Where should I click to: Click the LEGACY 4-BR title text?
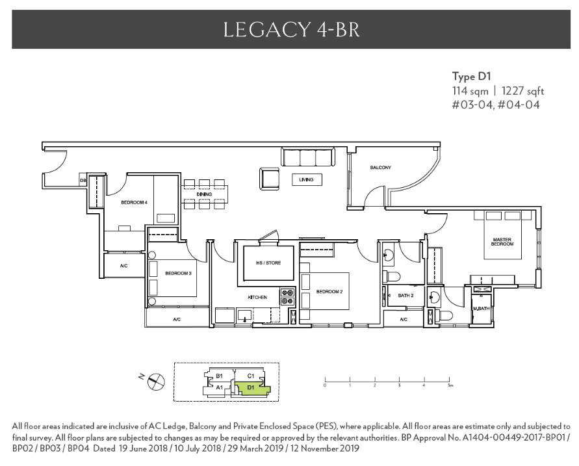[x=290, y=29]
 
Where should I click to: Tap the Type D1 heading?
[x=472, y=77]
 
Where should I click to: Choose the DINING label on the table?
[x=205, y=194]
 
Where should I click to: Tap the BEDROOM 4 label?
[x=134, y=203]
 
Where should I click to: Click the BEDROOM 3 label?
[x=177, y=274]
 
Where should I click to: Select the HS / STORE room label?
[x=266, y=264]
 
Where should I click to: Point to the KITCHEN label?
[x=257, y=297]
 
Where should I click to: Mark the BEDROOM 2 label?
[x=329, y=291]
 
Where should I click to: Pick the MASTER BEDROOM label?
[x=502, y=242]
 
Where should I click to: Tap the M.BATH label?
[x=481, y=308]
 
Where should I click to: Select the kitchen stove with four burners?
[x=287, y=297]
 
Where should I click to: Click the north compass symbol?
[x=156, y=382]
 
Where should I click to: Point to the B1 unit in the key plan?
[x=220, y=376]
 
